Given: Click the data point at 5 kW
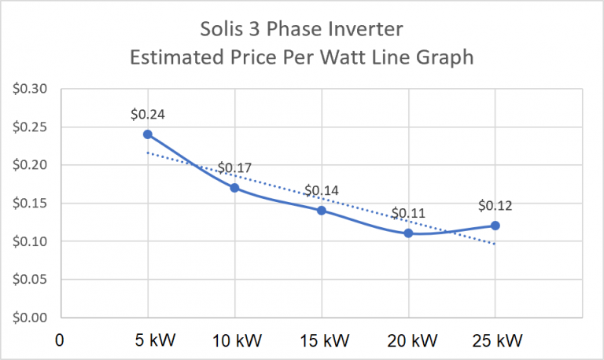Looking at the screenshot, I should pos(147,134).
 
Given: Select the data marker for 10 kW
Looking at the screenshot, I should pos(234,188).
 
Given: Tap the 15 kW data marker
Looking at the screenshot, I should pos(322,211).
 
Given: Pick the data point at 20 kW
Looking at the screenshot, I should pos(409,233).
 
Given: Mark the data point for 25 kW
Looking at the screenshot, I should pos(495,226).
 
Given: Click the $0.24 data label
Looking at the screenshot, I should pos(147,115).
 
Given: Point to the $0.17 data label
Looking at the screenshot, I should pos(234,167).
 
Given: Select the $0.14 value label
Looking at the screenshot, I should pos(322,190).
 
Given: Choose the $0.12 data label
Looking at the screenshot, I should pos(495,206).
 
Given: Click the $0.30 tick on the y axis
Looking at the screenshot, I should pos(31,89).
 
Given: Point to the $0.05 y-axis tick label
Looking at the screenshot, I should pos(31,280).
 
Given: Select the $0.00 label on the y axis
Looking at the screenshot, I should pos(31,318).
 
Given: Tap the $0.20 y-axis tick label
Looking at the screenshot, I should pos(31,165).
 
